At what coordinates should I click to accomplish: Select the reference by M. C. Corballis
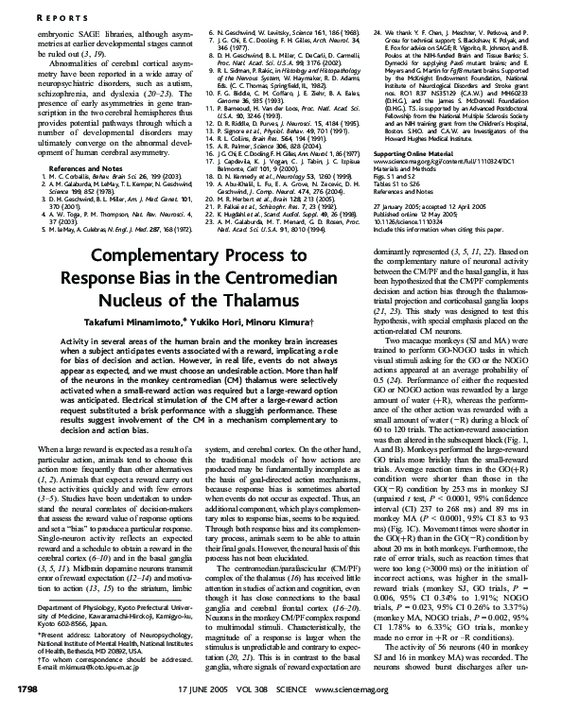[x=76, y=175]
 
